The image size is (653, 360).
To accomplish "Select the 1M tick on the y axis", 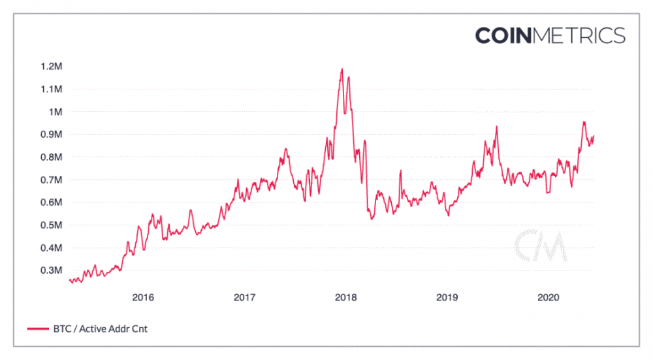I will pos(55,112).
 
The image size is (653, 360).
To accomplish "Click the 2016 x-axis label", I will pos(142,298).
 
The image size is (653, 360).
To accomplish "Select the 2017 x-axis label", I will pos(244,298).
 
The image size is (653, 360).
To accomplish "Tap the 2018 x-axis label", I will pos(345,298).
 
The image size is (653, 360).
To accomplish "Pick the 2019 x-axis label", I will pos(447,298).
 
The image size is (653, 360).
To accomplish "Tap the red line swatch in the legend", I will pos(38,329).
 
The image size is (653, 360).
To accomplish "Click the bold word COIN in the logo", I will pos(503,35).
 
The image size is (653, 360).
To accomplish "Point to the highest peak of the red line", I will pos(342,69).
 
